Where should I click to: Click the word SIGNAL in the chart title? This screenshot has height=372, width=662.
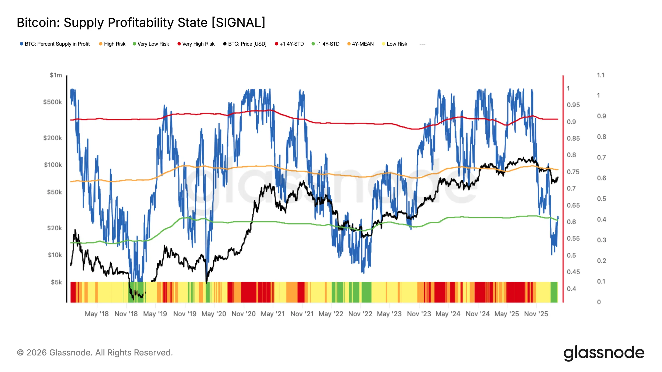tap(238, 23)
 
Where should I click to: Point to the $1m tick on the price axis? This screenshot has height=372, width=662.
tap(56, 75)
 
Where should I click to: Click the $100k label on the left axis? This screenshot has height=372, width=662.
tap(53, 165)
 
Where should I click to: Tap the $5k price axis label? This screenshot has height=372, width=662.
tap(56, 282)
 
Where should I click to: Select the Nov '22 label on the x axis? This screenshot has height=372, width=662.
tap(360, 314)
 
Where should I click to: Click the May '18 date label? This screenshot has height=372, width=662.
tap(97, 314)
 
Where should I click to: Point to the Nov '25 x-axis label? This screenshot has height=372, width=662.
tap(536, 314)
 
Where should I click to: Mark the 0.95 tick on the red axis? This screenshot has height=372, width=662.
tap(573, 105)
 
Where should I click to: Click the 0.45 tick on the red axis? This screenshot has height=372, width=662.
tap(573, 272)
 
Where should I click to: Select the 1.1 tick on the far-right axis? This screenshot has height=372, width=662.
tap(600, 75)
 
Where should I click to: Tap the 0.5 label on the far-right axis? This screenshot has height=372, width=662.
tap(601, 199)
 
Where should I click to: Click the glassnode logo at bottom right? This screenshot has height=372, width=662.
tap(604, 353)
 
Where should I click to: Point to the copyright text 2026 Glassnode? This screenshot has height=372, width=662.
tap(95, 353)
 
